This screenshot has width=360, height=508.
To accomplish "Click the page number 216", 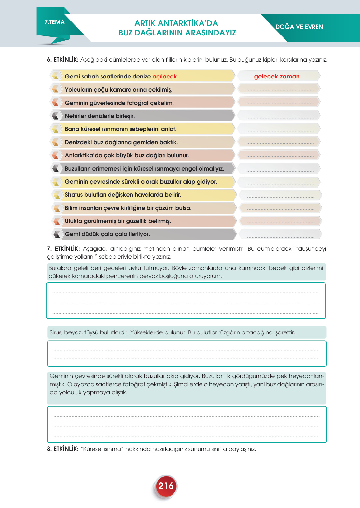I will tap(166, 486).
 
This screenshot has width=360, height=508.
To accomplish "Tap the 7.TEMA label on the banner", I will tap(55, 22).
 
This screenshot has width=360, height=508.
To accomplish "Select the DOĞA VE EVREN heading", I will tap(299, 27).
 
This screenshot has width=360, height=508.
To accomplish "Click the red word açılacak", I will tap(165, 77).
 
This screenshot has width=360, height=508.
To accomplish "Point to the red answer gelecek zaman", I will tap(277, 77).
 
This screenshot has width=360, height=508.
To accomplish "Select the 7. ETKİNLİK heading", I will tap(63, 249).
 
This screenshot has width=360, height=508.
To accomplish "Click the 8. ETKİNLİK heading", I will tap(63, 449).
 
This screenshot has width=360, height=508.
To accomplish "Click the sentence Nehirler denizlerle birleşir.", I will tap(100, 116).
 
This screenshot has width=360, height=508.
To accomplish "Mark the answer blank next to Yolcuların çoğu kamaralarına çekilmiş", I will tap(280, 90).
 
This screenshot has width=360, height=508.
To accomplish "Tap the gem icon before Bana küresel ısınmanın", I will tap(56, 129).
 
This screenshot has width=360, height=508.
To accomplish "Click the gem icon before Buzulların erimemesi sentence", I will tap(56, 168).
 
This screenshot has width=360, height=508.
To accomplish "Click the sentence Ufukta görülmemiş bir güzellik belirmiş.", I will tap(118, 221).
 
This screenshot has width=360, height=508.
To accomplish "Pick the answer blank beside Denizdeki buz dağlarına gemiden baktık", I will tap(280, 143).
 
